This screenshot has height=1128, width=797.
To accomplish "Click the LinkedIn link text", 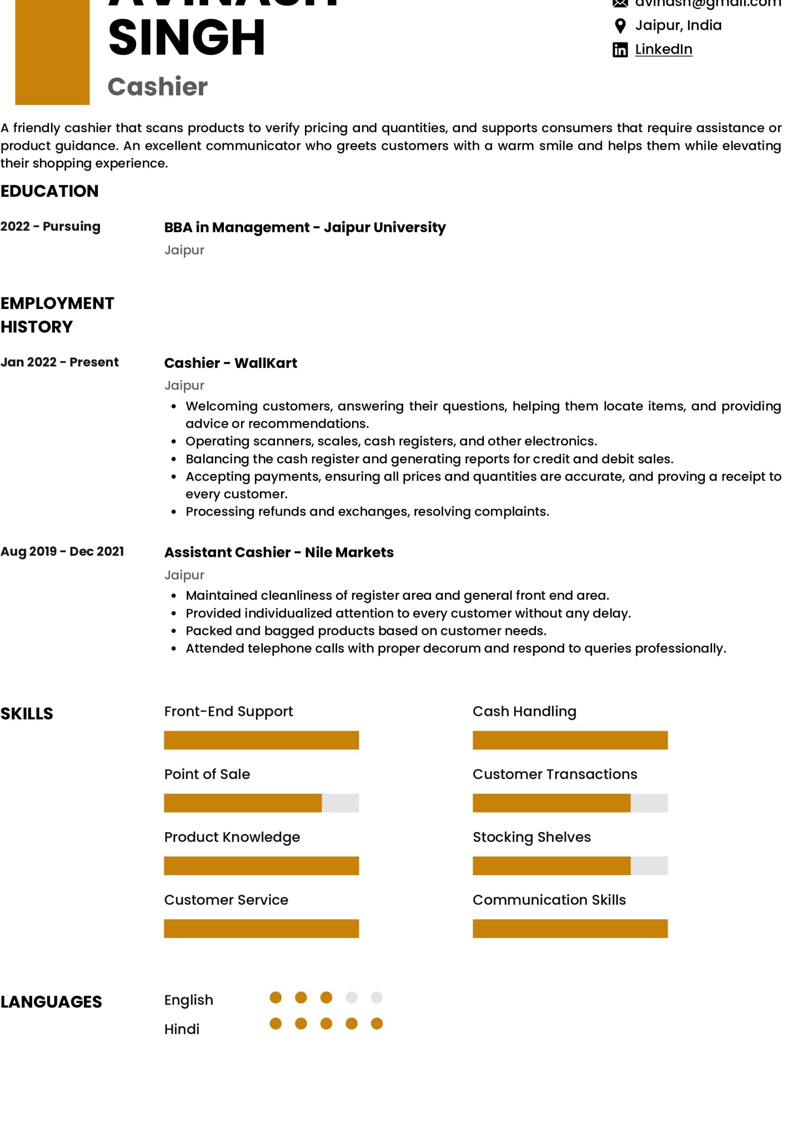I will pyautogui.click(x=664, y=49).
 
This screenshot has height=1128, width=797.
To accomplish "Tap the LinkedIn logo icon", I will pyautogui.click(x=619, y=50).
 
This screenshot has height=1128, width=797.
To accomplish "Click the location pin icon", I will pyautogui.click(x=620, y=26).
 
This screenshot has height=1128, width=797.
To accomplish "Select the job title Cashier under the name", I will pyautogui.click(x=157, y=86).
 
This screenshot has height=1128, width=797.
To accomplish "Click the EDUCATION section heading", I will pyautogui.click(x=49, y=191).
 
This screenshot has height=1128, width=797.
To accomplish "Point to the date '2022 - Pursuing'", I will pyautogui.click(x=50, y=226).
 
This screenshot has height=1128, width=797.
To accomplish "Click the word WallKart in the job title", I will pyautogui.click(x=265, y=363).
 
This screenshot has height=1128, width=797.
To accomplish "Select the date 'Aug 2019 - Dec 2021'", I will pyautogui.click(x=62, y=551).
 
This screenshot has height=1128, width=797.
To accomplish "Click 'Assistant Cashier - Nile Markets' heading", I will pyautogui.click(x=278, y=552).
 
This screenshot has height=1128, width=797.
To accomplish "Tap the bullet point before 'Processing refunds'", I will pyautogui.click(x=174, y=512).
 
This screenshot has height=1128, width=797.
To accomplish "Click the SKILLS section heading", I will pyautogui.click(x=26, y=713).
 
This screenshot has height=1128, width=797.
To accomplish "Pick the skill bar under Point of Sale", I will pyautogui.click(x=261, y=803).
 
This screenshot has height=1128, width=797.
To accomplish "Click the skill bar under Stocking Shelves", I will pyautogui.click(x=570, y=866).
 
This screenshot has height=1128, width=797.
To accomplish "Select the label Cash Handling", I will pyautogui.click(x=524, y=711).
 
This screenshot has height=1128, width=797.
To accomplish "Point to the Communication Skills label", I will pyautogui.click(x=549, y=900).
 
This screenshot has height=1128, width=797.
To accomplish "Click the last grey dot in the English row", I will pyautogui.click(x=376, y=997).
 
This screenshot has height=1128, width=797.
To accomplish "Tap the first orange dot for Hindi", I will pyautogui.click(x=276, y=1024).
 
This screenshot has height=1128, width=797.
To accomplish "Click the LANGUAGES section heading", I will pyautogui.click(x=51, y=1002).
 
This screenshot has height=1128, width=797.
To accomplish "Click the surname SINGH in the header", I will pyautogui.click(x=187, y=37).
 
